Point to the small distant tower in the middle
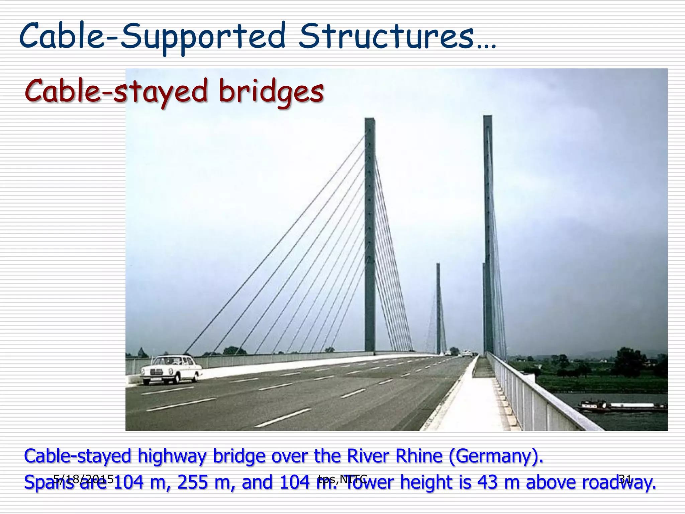pos(438,308)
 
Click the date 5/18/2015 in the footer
pos(84,479)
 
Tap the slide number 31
pos(625,479)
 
